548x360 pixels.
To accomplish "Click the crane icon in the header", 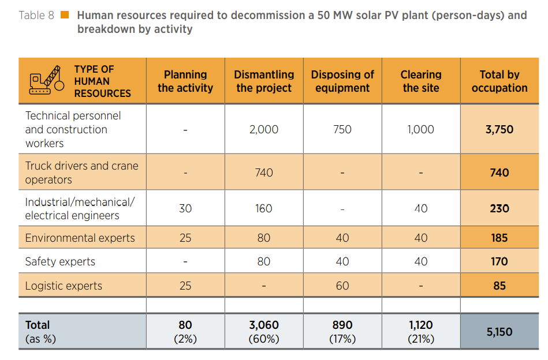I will pos(47,81).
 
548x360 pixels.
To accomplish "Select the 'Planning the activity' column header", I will pos(185,81).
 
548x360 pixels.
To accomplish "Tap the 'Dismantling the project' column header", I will pos(264,81).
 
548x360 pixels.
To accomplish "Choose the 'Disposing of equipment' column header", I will pos(342,81).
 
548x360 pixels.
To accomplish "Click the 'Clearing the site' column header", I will pos(421,81).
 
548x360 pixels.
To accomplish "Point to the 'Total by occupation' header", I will pos(499,81).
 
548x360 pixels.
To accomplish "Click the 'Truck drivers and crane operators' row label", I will pos(81,172).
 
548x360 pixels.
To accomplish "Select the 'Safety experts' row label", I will pos(60,262).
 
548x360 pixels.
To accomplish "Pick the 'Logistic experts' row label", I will pos(64,286).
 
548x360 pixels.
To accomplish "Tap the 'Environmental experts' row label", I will pos(80,238).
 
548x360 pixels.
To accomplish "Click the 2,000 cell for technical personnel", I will pos(264,130).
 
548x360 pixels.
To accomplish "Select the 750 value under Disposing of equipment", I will pos(342,130).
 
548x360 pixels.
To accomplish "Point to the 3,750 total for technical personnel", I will pos(499,130).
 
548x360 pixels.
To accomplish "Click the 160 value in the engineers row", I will pos(264,208).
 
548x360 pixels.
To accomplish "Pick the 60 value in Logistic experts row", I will pos(342,286).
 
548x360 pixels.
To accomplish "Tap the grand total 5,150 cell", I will pos(499,332).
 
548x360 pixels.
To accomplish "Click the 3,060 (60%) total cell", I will pos(264,332).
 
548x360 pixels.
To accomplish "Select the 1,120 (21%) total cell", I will pos(421,332).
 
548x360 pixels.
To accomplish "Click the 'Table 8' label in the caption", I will pos(36,16).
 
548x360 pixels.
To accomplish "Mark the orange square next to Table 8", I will pos(65,15).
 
